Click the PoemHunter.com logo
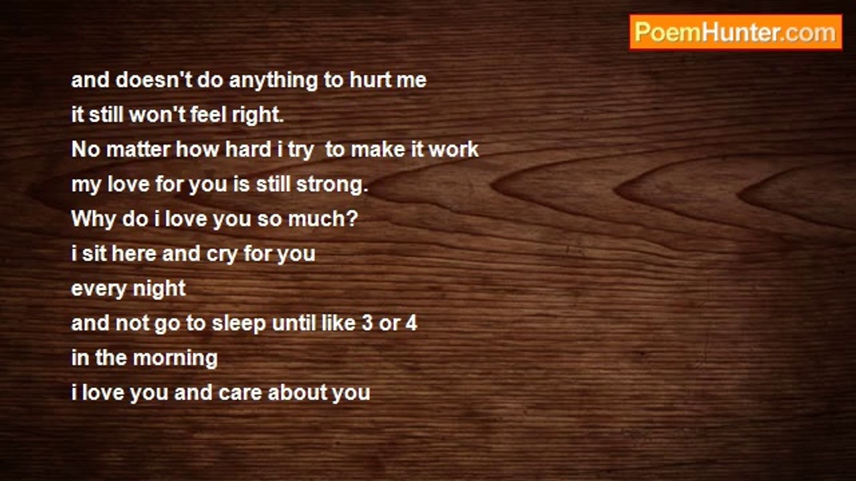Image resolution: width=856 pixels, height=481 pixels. [x=736, y=33]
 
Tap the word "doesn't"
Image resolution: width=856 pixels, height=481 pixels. [x=154, y=80]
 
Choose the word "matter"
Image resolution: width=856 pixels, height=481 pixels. [x=138, y=150]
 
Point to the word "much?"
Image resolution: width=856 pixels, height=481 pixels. [x=323, y=218]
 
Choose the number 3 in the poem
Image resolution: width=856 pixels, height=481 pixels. [x=367, y=323]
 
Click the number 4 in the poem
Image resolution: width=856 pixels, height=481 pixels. [x=411, y=323]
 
